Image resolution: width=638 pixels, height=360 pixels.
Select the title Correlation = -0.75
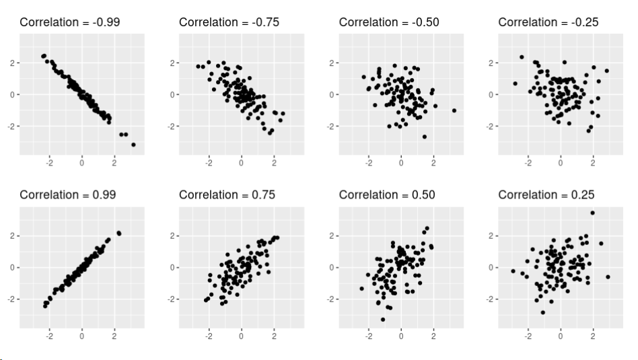coord(229,22)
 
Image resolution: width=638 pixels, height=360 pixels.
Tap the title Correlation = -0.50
coord(388,22)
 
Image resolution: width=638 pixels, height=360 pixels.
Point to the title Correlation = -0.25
coord(548,22)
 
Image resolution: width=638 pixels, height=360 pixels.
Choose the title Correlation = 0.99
coord(67,194)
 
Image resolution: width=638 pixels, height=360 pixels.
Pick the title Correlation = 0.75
coord(227,194)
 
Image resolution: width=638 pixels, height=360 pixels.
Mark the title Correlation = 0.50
coord(386,194)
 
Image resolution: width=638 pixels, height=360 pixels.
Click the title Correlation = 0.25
coord(546,194)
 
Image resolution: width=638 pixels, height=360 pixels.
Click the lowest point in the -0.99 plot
coord(133,145)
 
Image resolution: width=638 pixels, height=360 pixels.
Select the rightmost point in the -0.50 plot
coord(454,110)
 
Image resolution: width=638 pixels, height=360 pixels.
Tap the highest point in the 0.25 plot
coord(593,213)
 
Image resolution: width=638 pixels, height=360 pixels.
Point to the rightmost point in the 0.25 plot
coord(608,277)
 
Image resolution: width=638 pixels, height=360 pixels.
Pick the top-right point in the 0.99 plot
coord(119,233)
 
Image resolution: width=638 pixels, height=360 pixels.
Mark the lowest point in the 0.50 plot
coord(383,319)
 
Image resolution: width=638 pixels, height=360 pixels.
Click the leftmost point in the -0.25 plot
coord(515,83)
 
